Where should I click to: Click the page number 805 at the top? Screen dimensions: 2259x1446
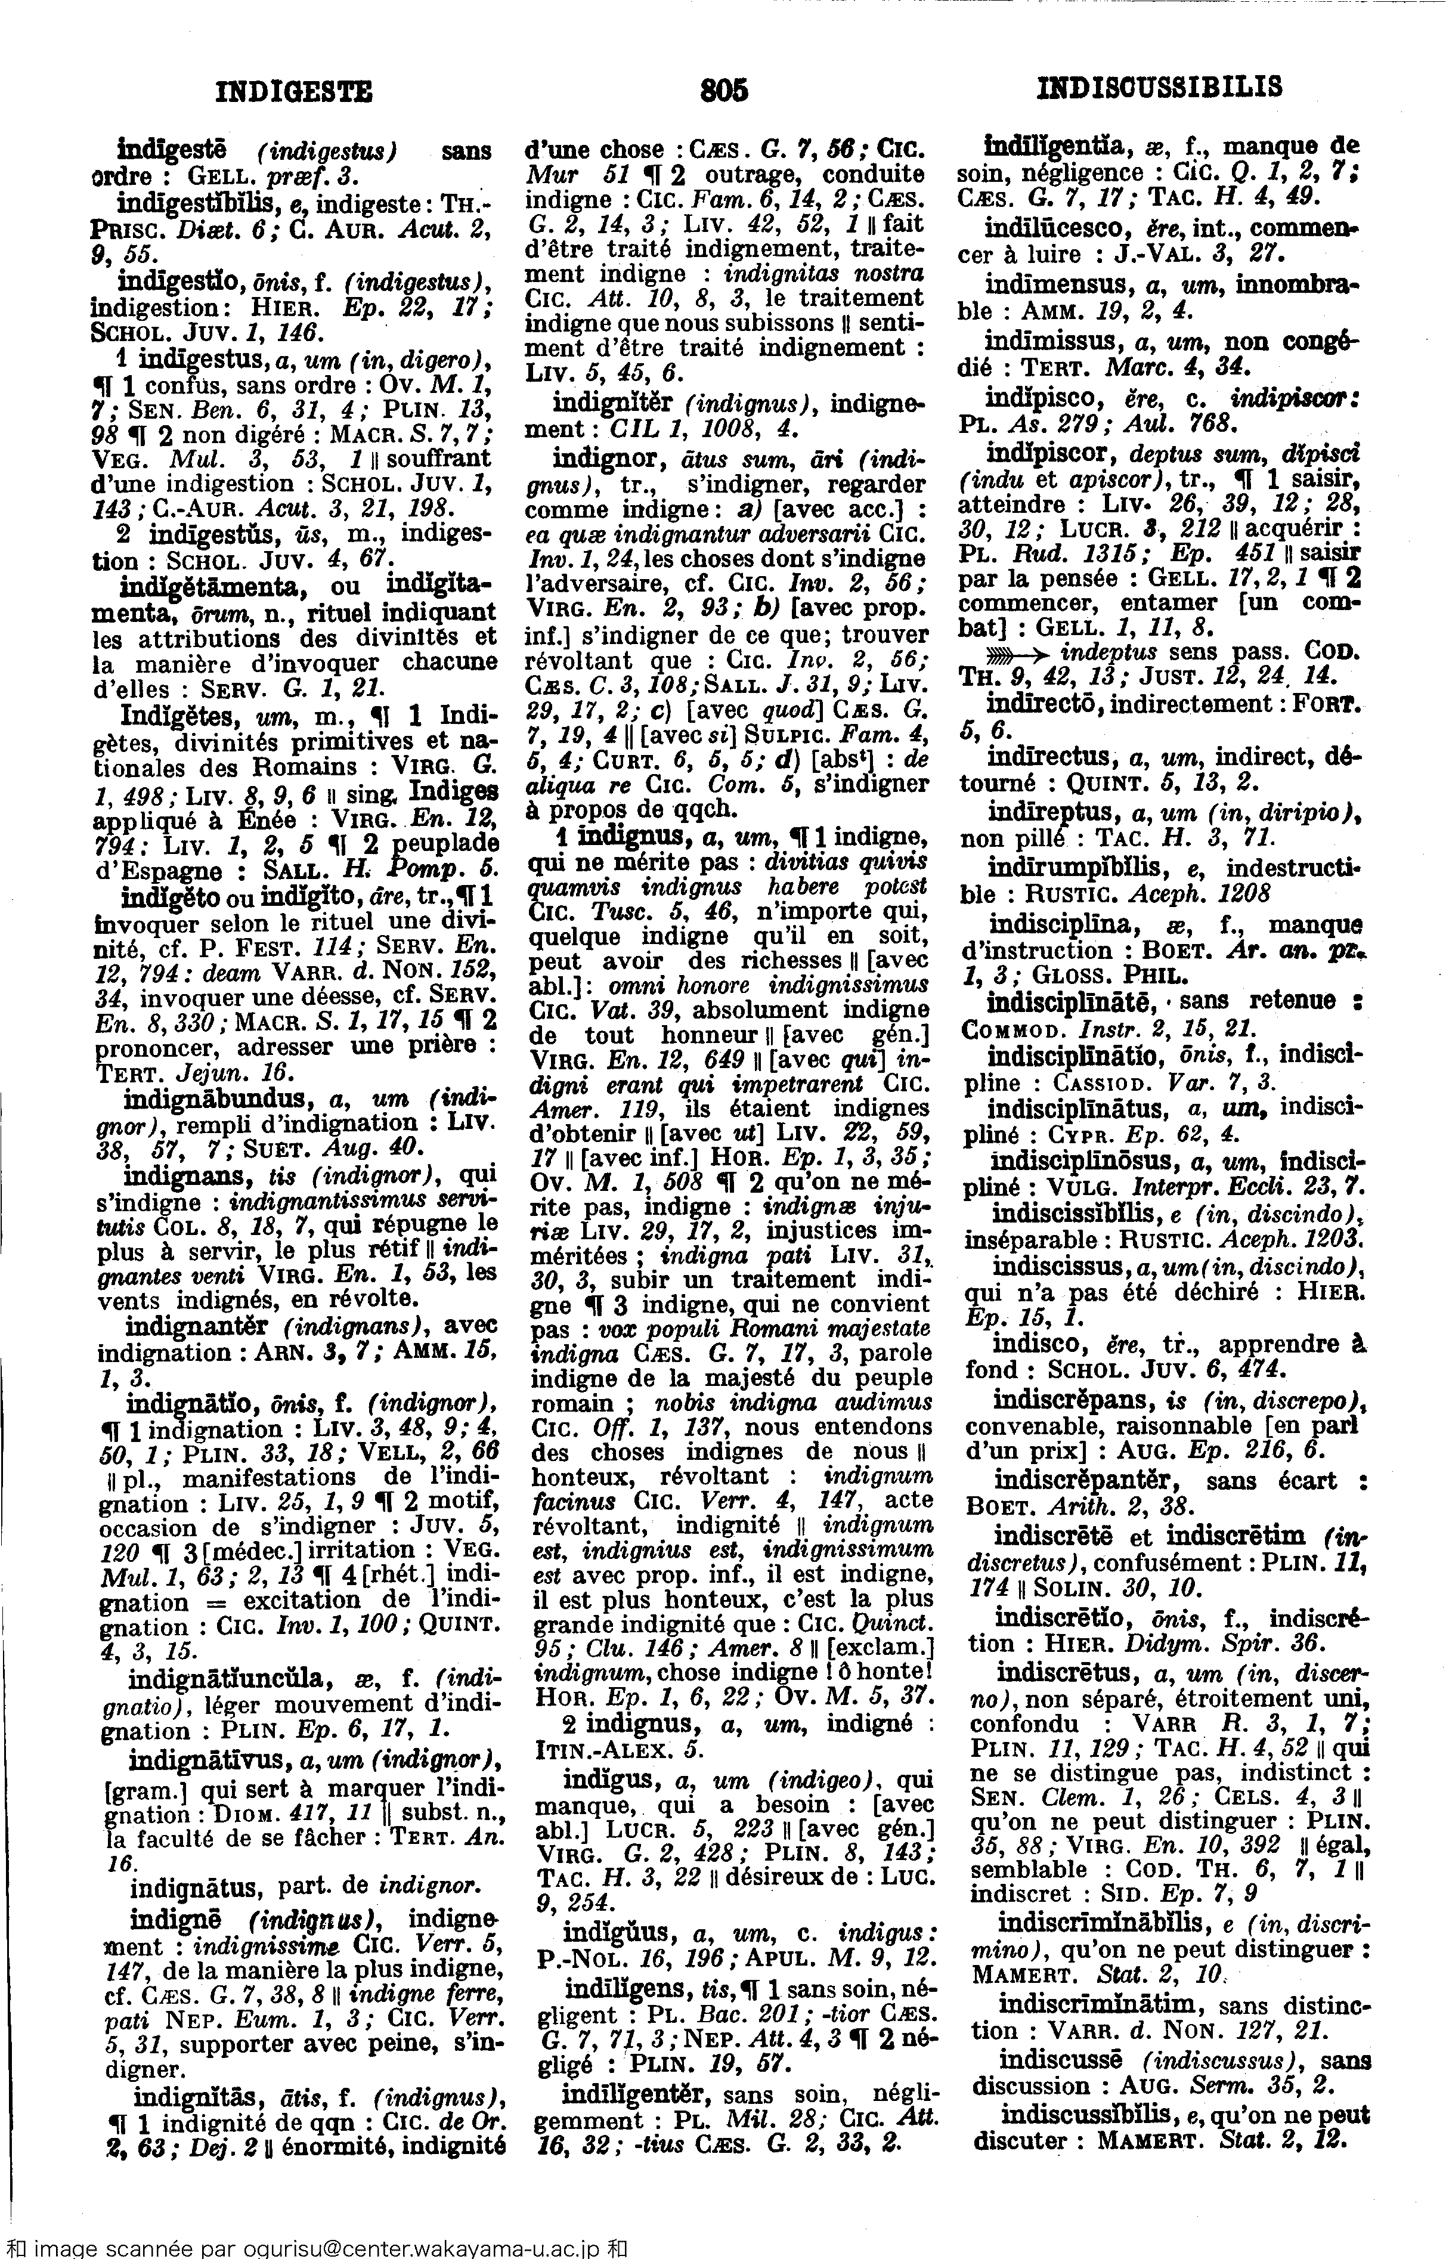pyautogui.click(x=724, y=90)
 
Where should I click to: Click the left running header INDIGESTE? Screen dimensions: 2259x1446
pyautogui.click(x=294, y=91)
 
